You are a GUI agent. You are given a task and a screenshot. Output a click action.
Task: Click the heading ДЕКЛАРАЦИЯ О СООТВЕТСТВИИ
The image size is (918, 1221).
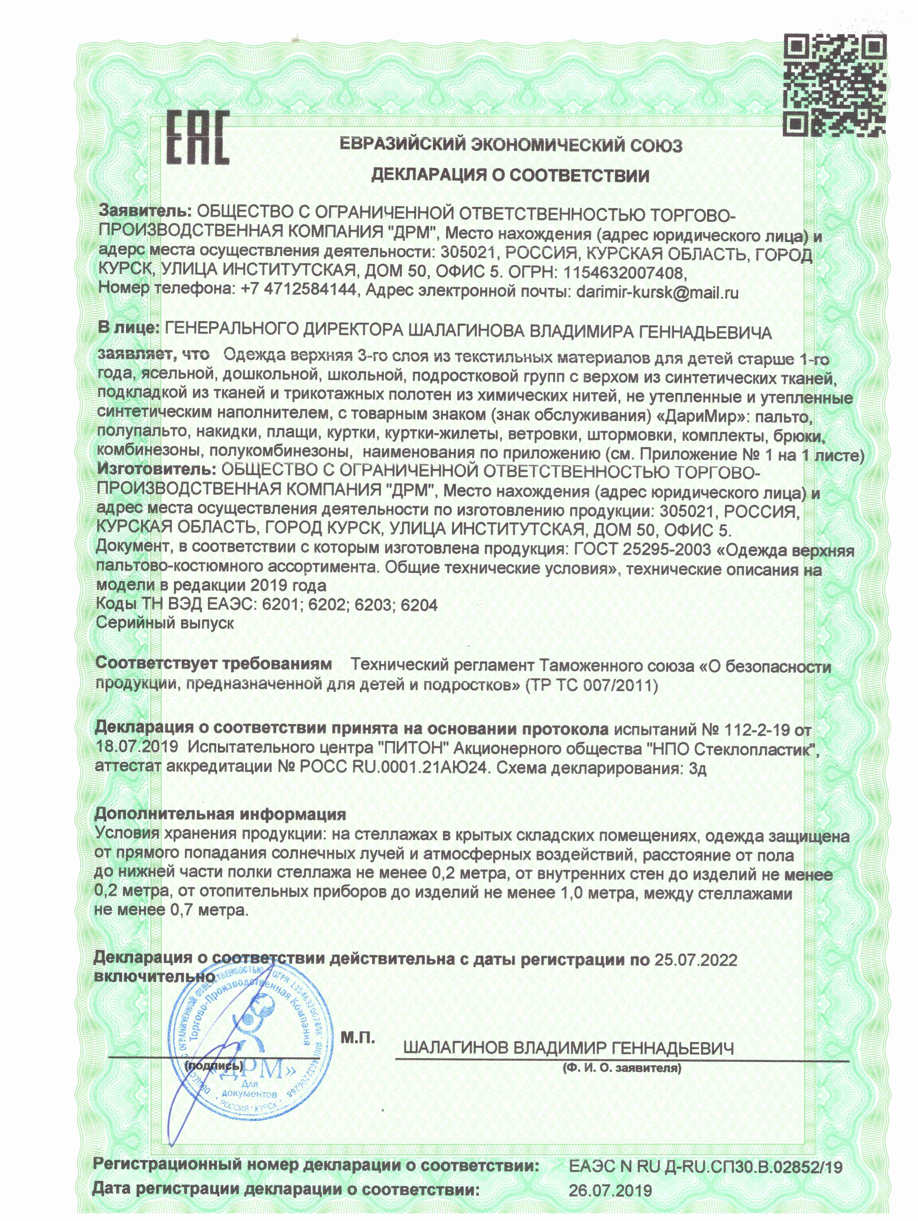pos(510,175)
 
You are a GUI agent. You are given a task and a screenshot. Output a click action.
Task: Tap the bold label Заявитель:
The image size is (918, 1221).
pos(145,211)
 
